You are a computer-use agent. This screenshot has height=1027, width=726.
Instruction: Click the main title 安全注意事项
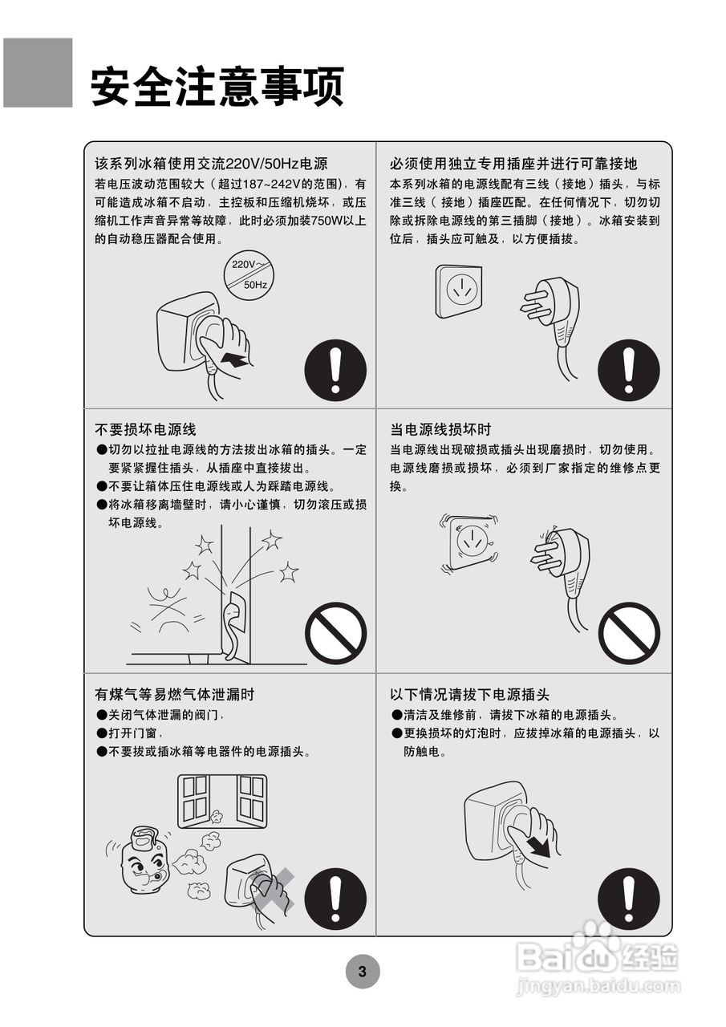[x=217, y=87]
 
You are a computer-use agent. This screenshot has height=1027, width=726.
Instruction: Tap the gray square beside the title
[x=38, y=73]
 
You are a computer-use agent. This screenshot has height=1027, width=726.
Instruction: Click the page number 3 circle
[x=362, y=972]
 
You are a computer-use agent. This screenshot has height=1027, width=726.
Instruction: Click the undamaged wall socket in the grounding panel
[x=458, y=290]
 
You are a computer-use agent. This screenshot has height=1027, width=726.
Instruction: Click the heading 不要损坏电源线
[x=145, y=430]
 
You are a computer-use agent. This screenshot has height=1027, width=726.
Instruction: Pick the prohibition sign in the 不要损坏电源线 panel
[x=335, y=633]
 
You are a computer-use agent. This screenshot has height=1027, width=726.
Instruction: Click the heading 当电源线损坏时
[x=440, y=430]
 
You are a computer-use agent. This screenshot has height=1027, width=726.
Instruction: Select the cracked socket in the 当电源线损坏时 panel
[x=471, y=543]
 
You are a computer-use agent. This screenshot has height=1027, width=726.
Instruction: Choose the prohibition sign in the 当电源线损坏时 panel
[x=629, y=633]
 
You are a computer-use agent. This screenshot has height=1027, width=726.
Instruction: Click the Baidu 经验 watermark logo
[x=598, y=955]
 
